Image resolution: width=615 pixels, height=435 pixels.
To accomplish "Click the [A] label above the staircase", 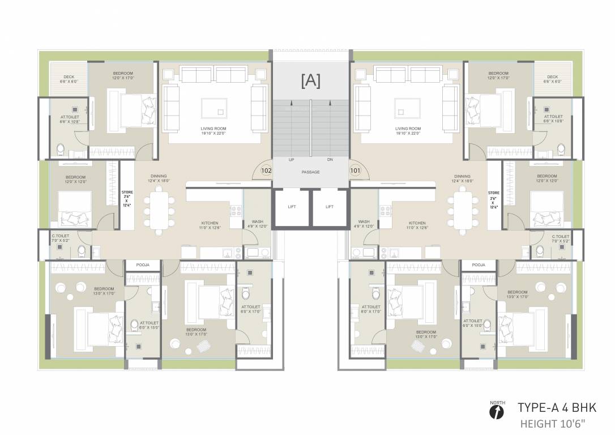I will tap(311, 81).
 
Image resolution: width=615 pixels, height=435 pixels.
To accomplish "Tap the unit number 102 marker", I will tap(266, 169).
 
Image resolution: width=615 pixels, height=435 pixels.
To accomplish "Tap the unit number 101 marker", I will tap(356, 169).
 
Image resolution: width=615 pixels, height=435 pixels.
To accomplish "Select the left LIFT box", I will tap(292, 207).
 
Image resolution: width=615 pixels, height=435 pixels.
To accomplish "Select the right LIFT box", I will tap(330, 207).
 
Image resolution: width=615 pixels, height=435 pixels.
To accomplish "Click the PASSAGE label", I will tap(310, 172).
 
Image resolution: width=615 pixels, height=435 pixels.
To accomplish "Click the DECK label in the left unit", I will tap(69, 77).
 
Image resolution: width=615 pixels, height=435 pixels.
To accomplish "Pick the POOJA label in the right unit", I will tap(479, 265).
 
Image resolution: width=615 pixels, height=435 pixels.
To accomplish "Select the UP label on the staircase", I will tap(291, 160).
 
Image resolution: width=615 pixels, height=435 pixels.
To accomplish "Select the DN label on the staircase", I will tap(330, 160).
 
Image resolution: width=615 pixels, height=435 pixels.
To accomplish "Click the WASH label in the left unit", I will tap(257, 221).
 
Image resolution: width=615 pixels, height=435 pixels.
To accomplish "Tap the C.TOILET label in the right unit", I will tap(560, 236).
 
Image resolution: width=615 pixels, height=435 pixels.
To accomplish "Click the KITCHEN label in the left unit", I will tap(210, 223).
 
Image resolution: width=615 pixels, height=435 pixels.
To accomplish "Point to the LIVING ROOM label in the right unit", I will tap(408, 129).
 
